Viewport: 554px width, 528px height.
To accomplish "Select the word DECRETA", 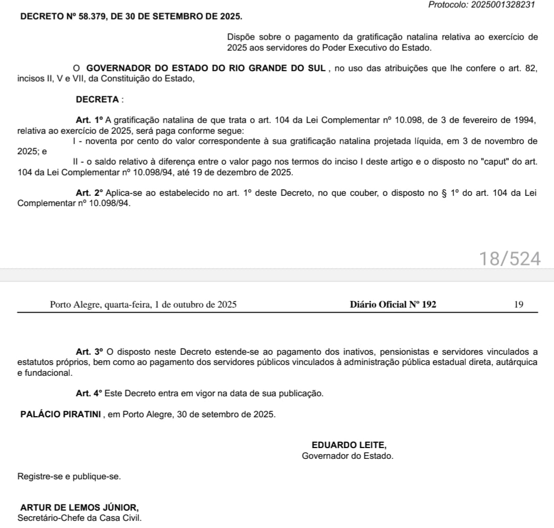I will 97,99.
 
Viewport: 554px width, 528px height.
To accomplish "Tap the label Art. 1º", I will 90,120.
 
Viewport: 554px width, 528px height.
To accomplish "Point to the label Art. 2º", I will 90,193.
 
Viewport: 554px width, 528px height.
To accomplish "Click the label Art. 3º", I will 90,352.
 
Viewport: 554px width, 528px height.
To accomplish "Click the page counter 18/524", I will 510,259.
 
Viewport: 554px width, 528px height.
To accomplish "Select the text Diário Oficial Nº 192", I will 393,304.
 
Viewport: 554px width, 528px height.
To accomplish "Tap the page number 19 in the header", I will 519,304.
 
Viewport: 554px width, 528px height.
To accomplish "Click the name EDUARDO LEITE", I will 349,445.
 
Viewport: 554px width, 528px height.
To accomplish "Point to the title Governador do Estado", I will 348,455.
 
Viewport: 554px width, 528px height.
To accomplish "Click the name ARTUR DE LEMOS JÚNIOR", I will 80,507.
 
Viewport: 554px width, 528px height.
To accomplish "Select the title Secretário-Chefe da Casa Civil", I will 79,518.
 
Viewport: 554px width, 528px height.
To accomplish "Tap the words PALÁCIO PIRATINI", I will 61,414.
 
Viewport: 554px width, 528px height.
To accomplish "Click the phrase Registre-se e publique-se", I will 69,476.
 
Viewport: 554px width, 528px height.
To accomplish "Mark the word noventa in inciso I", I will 98,141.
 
